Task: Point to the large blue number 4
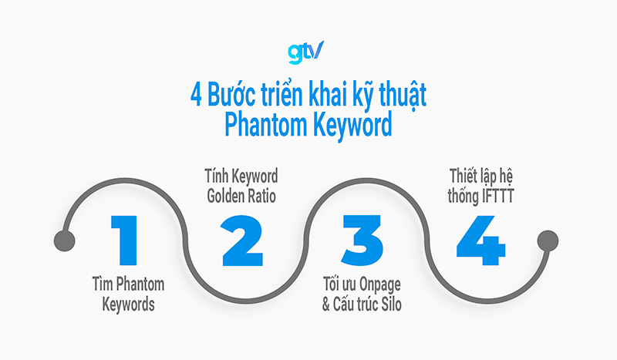[480, 240]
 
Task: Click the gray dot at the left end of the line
[65, 241]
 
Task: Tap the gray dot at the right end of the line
[547, 241]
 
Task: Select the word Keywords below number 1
[129, 304]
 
